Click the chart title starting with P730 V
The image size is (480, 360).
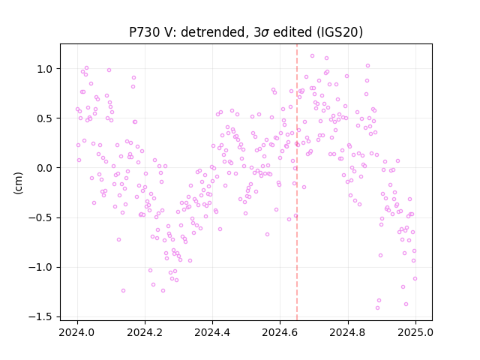(246, 32)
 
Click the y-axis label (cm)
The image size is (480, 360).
(18, 183)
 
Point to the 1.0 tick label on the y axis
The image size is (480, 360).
(46, 69)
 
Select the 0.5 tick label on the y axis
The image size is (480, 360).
(46, 118)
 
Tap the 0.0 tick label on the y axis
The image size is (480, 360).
(46, 168)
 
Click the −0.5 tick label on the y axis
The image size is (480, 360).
(42, 217)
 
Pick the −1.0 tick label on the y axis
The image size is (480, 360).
(42, 267)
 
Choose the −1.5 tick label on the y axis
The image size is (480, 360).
(42, 316)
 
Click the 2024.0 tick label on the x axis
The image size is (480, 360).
(77, 332)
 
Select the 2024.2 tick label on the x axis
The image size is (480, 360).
(145, 332)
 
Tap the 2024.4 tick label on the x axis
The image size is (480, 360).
(212, 332)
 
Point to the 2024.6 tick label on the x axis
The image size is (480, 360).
(280, 332)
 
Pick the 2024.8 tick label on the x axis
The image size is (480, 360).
(347, 332)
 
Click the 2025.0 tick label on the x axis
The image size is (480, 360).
(415, 332)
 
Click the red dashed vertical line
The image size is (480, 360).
(297, 182)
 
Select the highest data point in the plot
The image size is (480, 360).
(312, 56)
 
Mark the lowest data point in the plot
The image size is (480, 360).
(377, 308)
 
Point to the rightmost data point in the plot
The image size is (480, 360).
(415, 279)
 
